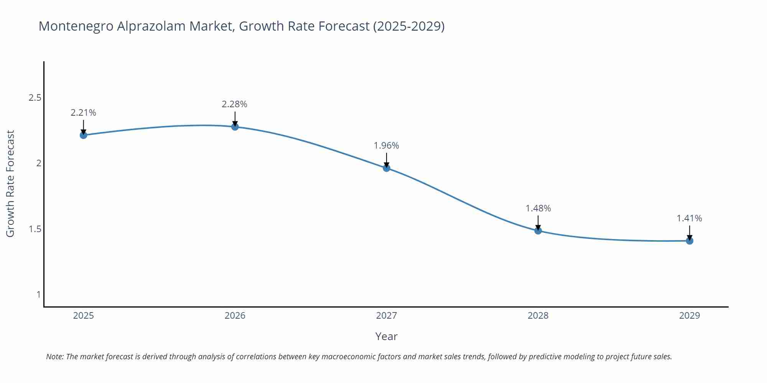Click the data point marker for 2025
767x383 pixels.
pyautogui.click(x=83, y=135)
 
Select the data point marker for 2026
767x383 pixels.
pyautogui.click(x=235, y=126)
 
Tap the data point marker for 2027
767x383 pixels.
pyautogui.click(x=386, y=168)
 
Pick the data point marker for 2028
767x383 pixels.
pyautogui.click(x=538, y=231)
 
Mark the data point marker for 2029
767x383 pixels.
pyautogui.click(x=689, y=241)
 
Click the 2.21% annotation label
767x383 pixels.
pyautogui.click(x=83, y=113)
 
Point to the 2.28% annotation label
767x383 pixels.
pyautogui.click(x=234, y=104)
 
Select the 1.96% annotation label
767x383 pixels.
pyautogui.click(x=386, y=146)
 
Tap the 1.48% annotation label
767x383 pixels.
pyautogui.click(x=538, y=208)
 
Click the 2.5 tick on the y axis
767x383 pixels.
pyautogui.click(x=35, y=98)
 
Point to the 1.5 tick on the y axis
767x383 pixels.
pyautogui.click(x=35, y=229)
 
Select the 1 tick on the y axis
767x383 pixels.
pyautogui.click(x=38, y=295)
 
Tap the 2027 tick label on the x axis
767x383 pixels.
pyautogui.click(x=386, y=316)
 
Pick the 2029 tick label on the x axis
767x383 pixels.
pyautogui.click(x=689, y=316)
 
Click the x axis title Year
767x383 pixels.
pyautogui.click(x=386, y=336)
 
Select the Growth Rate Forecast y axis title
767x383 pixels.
pyautogui.click(x=10, y=184)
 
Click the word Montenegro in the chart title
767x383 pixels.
pyautogui.click(x=76, y=26)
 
